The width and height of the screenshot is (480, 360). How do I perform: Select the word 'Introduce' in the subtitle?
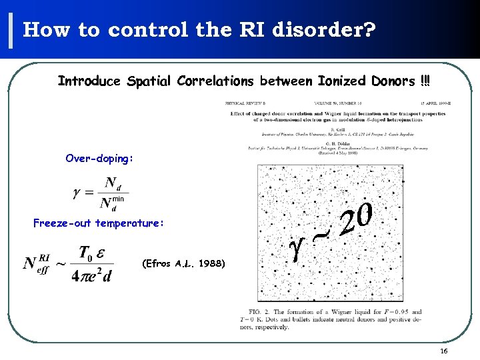tap(89, 81)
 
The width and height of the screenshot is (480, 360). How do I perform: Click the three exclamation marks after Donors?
tap(425, 81)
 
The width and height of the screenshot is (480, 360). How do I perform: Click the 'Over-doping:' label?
tap(99, 159)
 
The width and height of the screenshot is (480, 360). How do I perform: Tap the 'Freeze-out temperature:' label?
tap(98, 223)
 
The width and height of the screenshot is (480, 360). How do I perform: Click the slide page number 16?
tap(444, 351)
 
